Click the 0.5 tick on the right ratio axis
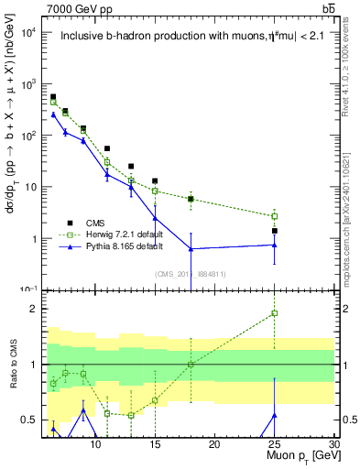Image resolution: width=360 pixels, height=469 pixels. tap(348, 420)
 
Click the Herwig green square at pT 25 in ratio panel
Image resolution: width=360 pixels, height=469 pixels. tap(274, 313)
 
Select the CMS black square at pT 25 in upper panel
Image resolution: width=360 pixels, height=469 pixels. tap(274, 231)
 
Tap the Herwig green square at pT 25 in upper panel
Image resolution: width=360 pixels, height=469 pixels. tap(274, 216)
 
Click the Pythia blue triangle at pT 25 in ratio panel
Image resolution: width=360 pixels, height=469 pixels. tap(274, 416)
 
